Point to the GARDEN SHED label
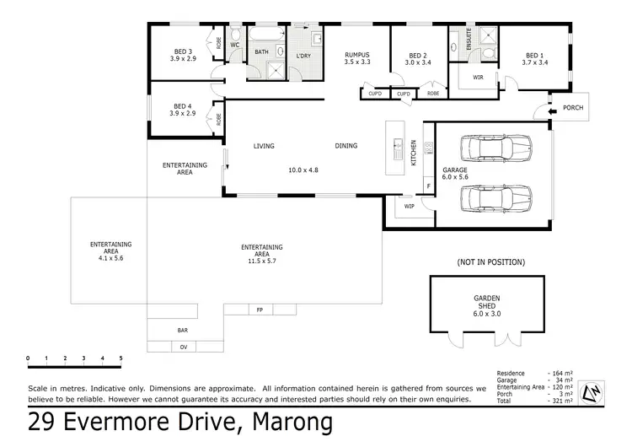point(486,303)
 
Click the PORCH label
point(573,108)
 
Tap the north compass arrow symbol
point(592,392)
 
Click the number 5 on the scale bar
point(121,359)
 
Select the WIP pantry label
point(410,206)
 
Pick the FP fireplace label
point(259,310)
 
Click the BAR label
point(182,331)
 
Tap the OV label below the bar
point(183,347)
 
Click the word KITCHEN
point(414,152)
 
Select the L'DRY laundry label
point(303,56)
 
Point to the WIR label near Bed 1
point(478,77)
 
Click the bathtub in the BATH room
point(267,34)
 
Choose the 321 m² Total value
point(560,401)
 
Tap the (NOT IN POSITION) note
point(490,262)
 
